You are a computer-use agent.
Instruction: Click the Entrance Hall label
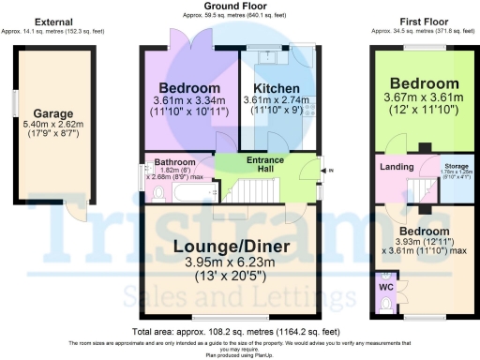pyautogui.click(x=264, y=164)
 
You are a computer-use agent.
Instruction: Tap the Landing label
pyautogui.click(x=397, y=167)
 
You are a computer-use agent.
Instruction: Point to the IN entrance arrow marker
pyautogui.click(x=328, y=171)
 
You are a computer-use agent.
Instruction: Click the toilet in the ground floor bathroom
pyautogui.click(x=157, y=194)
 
